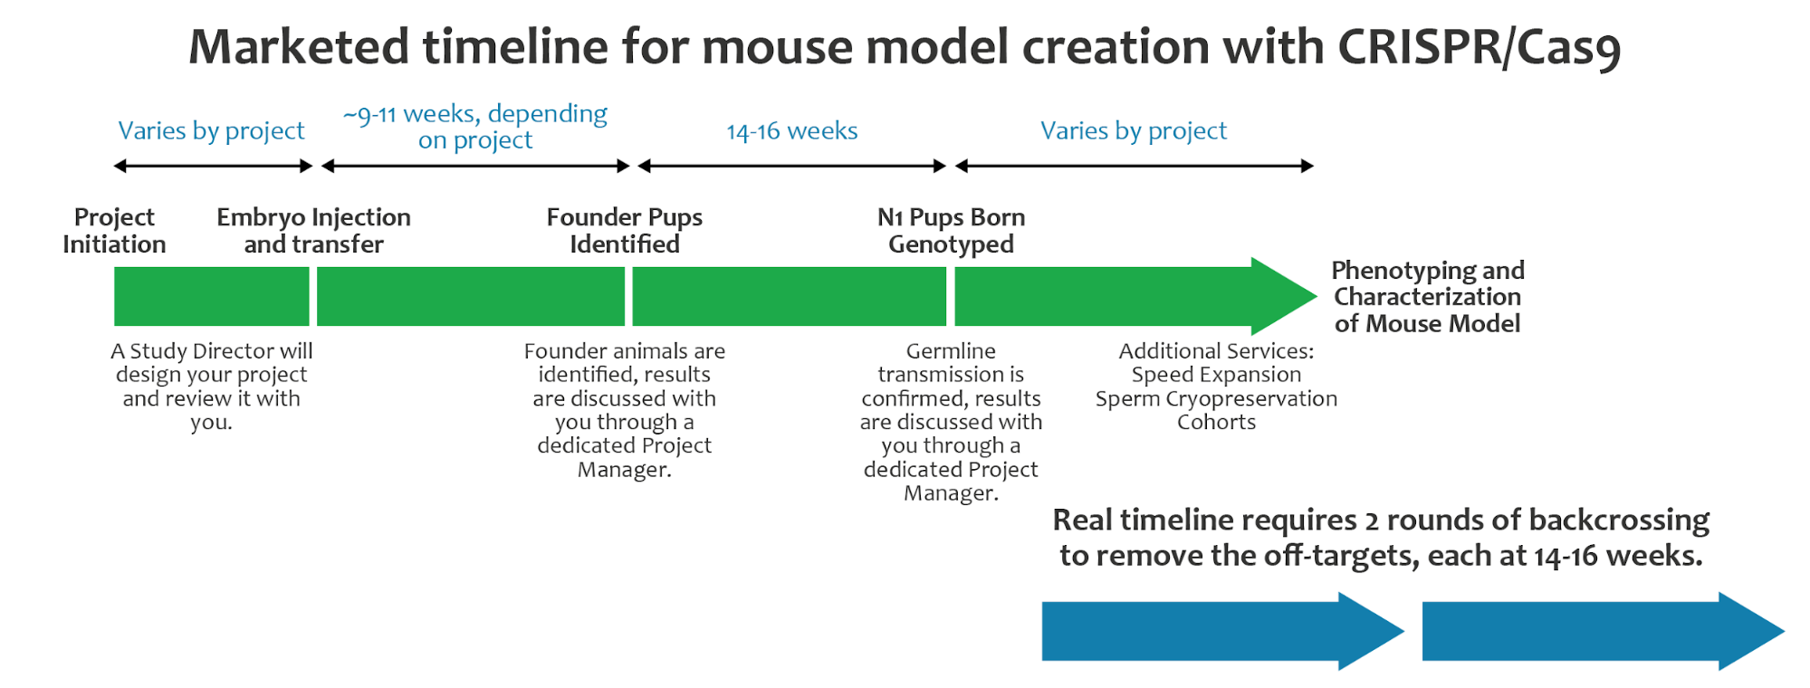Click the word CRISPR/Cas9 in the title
point(1479,47)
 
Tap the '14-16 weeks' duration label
point(792,131)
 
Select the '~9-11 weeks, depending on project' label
point(475,127)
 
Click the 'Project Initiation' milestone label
point(114,231)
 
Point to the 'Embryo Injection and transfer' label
point(313,231)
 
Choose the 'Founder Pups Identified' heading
point(625,231)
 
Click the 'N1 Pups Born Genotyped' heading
point(951,231)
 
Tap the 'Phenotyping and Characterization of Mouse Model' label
point(1428,297)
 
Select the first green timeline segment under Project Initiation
point(212,296)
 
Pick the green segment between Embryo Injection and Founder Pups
point(471,296)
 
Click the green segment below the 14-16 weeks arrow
point(789,296)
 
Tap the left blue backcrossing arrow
point(1222,631)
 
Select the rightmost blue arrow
point(1603,631)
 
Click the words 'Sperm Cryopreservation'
point(1216,398)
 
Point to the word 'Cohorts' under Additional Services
point(1216,422)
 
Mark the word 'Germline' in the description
point(951,351)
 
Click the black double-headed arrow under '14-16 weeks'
point(792,166)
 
